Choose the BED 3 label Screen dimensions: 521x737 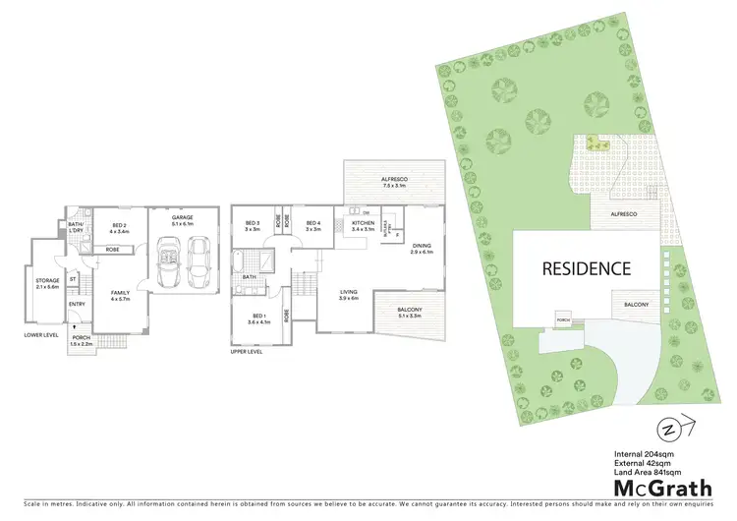click(252, 226)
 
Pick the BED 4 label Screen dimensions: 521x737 click(313, 226)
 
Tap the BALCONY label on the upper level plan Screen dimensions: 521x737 click(408, 311)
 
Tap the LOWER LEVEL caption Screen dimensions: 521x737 click(42, 335)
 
